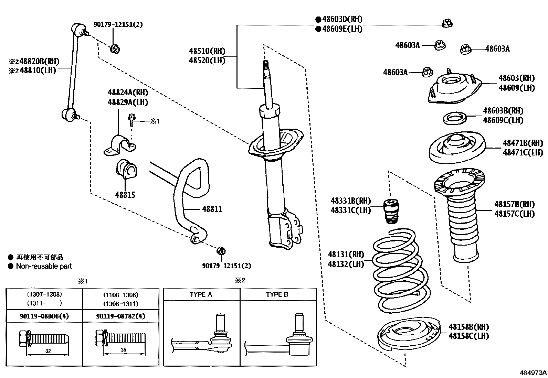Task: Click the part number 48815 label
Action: pyautogui.click(x=125, y=195)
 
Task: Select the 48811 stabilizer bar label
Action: pyautogui.click(x=212, y=209)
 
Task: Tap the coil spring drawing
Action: pyautogui.click(x=399, y=272)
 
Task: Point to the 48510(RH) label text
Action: pyautogui.click(x=207, y=51)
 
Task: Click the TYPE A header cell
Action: pyautogui.click(x=201, y=294)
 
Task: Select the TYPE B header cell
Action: pyautogui.click(x=277, y=294)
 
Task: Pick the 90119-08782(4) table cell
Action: pyautogui.click(x=120, y=316)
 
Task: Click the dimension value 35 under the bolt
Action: pyautogui.click(x=124, y=350)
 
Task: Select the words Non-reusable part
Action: pyautogui.click(x=44, y=266)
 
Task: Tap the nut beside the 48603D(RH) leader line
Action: pyautogui.click(x=447, y=23)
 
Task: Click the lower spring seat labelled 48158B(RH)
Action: pyautogui.click(x=408, y=335)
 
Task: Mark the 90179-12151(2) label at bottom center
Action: pyautogui.click(x=226, y=266)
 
